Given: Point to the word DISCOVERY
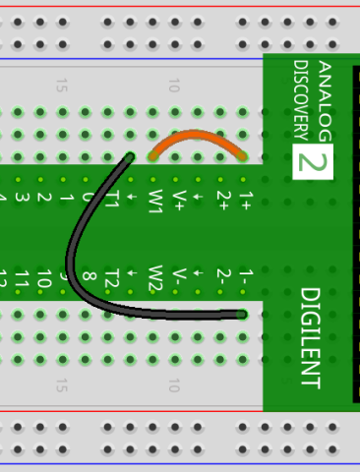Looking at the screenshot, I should click(x=301, y=98).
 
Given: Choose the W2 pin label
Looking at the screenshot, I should click(x=155, y=277).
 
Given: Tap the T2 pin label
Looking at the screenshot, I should click(x=111, y=277).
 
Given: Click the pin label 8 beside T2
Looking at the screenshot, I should click(x=89, y=279).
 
